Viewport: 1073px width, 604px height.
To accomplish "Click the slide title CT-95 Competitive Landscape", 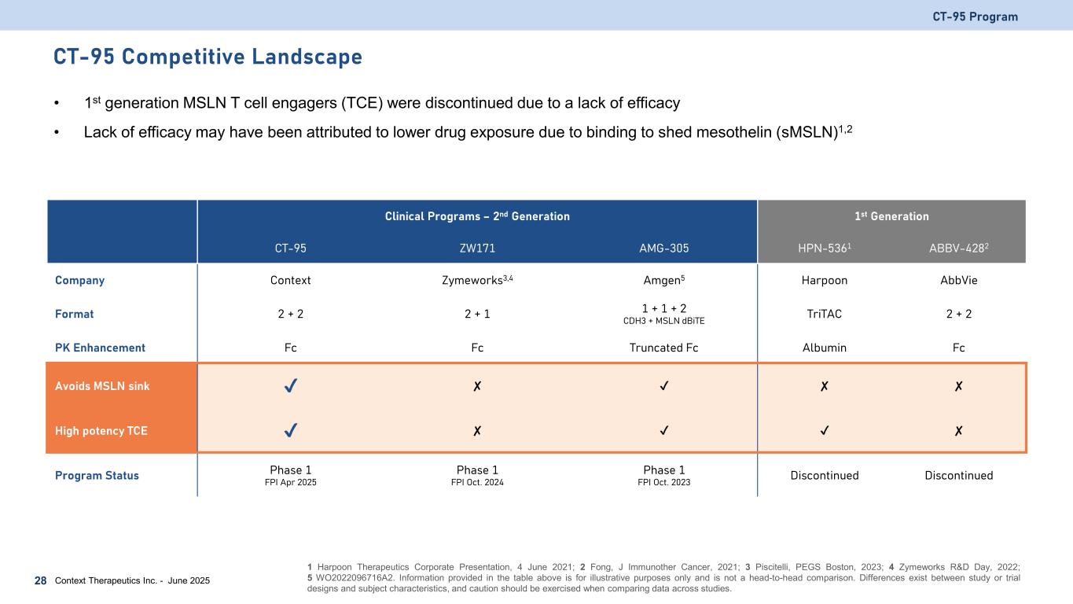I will click(208, 57).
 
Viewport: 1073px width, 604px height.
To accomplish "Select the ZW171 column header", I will click(477, 249).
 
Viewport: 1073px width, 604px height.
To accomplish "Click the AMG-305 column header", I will click(663, 249).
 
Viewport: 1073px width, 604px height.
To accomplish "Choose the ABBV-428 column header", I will click(958, 249).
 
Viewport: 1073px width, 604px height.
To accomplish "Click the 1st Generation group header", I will click(891, 216).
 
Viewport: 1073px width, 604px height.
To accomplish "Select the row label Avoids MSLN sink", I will click(102, 386).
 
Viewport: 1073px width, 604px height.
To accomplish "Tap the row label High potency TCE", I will click(101, 430).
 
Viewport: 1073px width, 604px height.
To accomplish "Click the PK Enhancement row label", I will click(100, 347).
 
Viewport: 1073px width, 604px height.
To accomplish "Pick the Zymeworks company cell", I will click(477, 280).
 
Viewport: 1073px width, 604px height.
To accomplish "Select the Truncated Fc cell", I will click(663, 347).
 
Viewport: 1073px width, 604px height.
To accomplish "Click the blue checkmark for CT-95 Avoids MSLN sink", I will click(290, 386).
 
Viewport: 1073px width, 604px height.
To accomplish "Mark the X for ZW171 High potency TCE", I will click(477, 430).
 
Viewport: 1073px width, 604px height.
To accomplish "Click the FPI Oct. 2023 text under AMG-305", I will click(663, 483).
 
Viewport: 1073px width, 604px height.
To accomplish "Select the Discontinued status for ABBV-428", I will click(958, 476).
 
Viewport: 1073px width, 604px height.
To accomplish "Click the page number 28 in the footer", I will click(39, 580).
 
